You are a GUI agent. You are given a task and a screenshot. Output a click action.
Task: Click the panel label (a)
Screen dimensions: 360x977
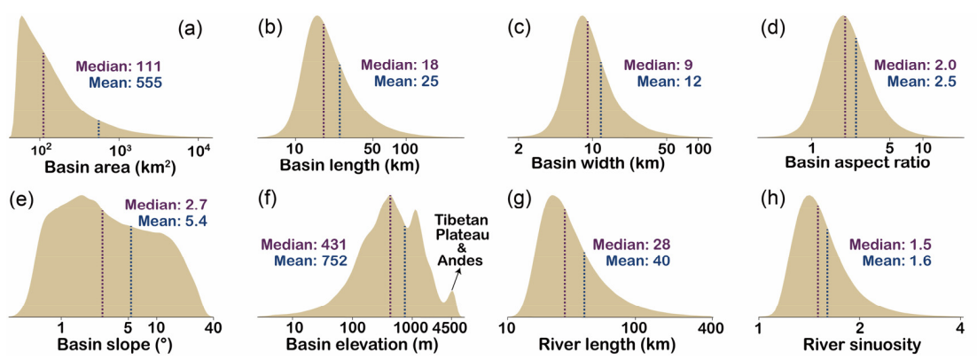[x=191, y=28]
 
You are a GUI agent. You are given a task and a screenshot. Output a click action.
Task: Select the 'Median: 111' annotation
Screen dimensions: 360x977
[x=119, y=67]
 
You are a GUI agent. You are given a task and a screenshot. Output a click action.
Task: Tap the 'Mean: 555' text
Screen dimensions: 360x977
[x=126, y=82]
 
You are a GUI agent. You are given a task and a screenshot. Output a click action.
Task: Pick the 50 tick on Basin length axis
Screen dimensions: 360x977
[x=371, y=149]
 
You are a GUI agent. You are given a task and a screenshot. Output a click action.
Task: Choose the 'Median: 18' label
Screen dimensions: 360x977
[x=401, y=65]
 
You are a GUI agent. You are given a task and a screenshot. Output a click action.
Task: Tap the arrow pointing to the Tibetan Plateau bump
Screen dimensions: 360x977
[x=455, y=279]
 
